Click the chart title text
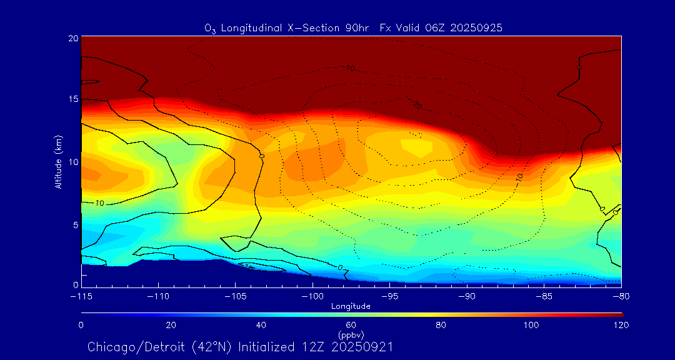point(353,28)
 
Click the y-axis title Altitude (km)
point(58,162)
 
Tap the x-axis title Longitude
point(351,306)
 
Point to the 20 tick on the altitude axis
point(72,38)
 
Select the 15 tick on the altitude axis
point(72,99)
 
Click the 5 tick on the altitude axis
point(74,224)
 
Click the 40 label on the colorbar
point(261,325)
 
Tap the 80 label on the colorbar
point(442,325)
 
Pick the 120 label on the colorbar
point(621,325)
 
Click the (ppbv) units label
point(351,334)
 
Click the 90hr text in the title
point(357,28)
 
